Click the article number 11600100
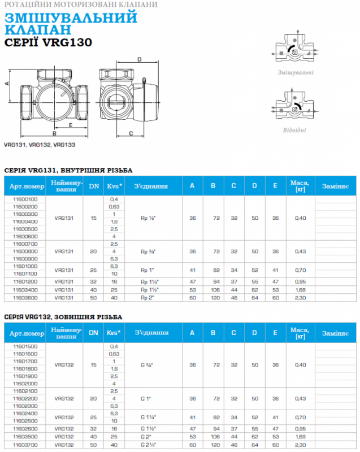coord(24,199)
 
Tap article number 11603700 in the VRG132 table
coord(24,444)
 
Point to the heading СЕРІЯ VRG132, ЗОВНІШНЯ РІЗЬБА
coord(64,318)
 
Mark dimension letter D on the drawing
coord(140,59)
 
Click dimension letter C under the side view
coord(131,133)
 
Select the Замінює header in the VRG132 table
coord(335,334)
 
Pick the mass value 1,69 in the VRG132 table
coord(300,437)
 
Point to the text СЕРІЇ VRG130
coord(47,42)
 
